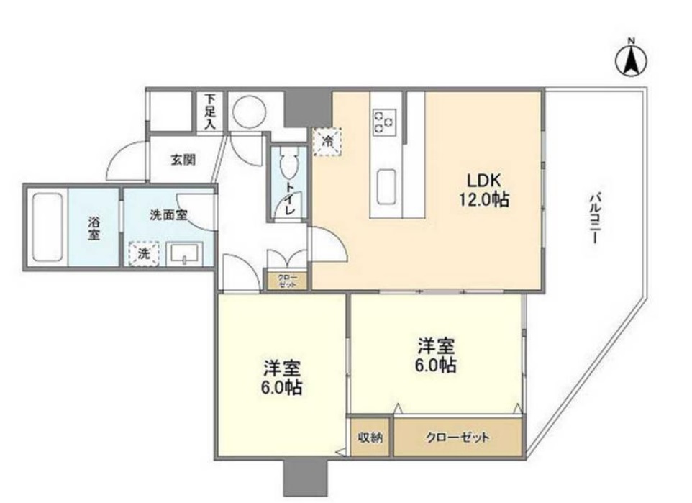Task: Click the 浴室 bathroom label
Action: (x=94, y=227)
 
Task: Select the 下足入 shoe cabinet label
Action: (x=210, y=111)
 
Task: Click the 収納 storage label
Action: (x=371, y=437)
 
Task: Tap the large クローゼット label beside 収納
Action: (x=457, y=437)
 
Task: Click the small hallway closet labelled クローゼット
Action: (x=287, y=281)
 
